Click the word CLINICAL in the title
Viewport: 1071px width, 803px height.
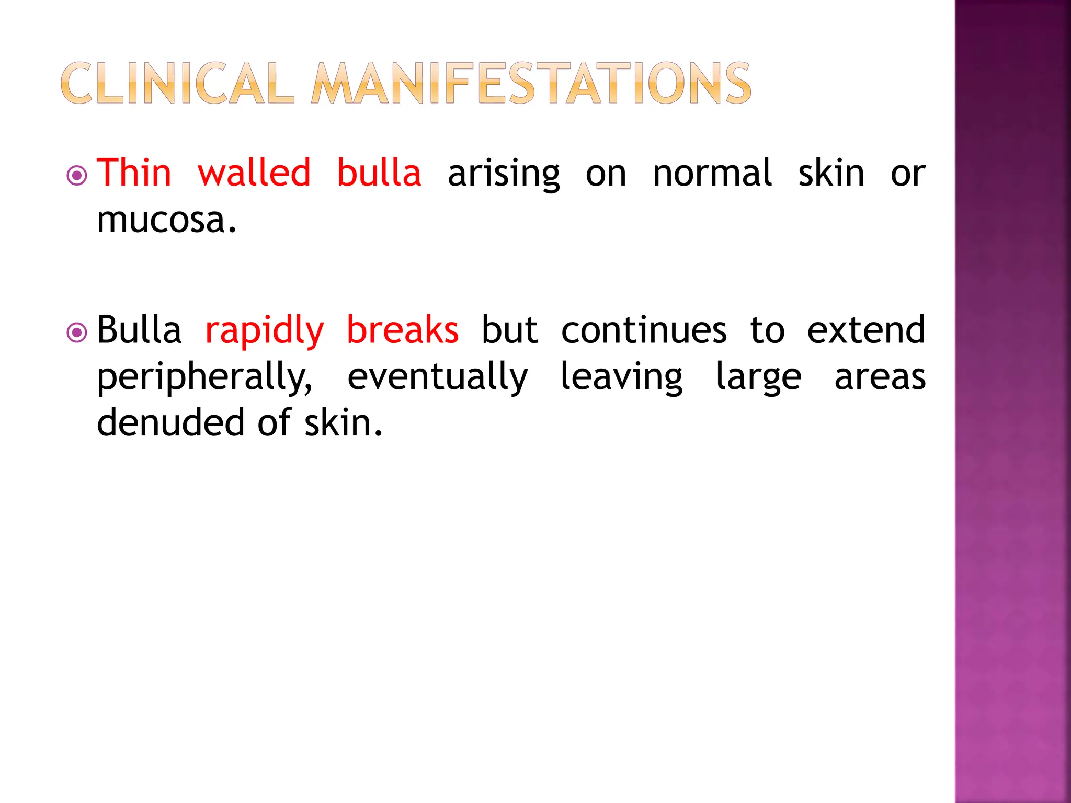coord(177,84)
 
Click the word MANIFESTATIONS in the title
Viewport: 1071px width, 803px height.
coord(531,84)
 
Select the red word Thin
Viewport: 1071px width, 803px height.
coord(134,173)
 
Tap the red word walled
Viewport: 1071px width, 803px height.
coord(254,173)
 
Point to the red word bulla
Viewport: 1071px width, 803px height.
coord(379,173)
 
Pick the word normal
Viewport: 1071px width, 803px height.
coord(712,173)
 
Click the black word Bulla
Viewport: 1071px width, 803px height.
coord(139,330)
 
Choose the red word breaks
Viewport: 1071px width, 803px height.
coord(403,330)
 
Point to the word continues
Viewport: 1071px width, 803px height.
coord(644,330)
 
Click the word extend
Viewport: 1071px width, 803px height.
coord(866,330)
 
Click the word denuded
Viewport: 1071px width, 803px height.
coord(170,422)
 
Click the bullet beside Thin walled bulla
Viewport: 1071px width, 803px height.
coord(77,176)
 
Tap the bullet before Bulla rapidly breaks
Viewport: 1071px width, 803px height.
coord(77,332)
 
